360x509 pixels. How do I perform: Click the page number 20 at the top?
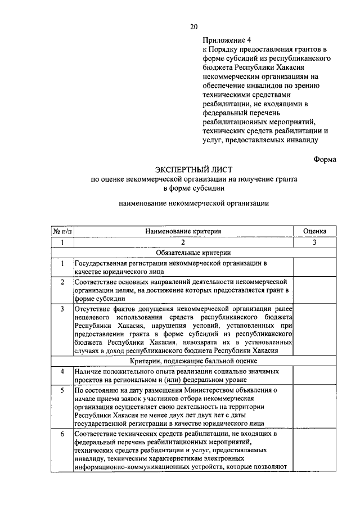[194, 26]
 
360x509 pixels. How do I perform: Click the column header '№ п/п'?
[62, 231]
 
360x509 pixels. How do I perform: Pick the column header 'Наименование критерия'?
[183, 231]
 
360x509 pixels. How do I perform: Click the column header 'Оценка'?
[314, 231]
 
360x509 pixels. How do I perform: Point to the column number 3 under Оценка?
[314, 242]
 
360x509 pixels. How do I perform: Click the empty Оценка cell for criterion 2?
[314, 290]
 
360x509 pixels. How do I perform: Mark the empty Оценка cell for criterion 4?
[314, 375]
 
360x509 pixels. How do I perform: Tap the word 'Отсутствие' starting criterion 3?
[94, 309]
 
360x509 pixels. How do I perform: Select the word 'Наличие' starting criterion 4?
[88, 371]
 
